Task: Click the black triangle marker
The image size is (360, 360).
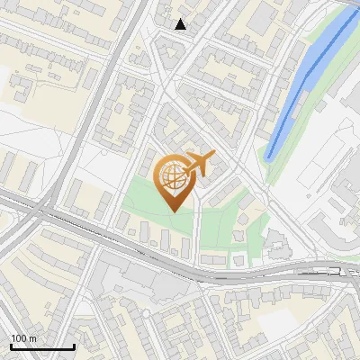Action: [x=181, y=24]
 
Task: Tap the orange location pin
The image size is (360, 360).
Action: [x=177, y=180]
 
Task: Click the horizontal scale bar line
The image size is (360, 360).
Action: [x=42, y=347]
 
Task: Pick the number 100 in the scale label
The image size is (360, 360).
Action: [x=19, y=338]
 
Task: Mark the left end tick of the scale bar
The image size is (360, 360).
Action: [x=10, y=346]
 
